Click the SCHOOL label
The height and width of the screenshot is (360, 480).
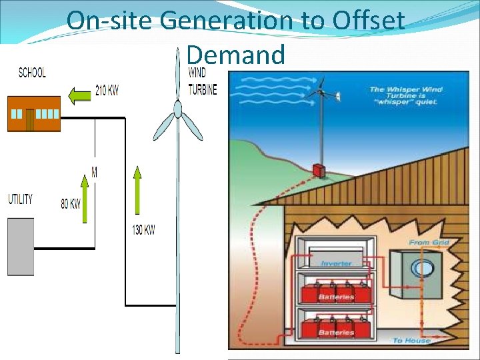click(x=32, y=73)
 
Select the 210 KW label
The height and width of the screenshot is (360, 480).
click(x=107, y=91)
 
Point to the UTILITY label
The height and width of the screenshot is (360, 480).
click(x=20, y=199)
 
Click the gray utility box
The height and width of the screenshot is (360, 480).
click(x=21, y=246)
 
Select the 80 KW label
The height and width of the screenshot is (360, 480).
click(x=71, y=204)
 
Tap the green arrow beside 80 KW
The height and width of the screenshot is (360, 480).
click(x=85, y=197)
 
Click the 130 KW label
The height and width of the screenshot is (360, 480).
click(x=143, y=230)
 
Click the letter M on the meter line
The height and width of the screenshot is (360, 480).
click(x=95, y=173)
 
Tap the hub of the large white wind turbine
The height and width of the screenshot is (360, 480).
click(x=177, y=109)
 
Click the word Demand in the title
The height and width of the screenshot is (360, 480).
click(x=236, y=55)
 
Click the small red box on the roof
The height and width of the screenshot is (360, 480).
click(x=319, y=170)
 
